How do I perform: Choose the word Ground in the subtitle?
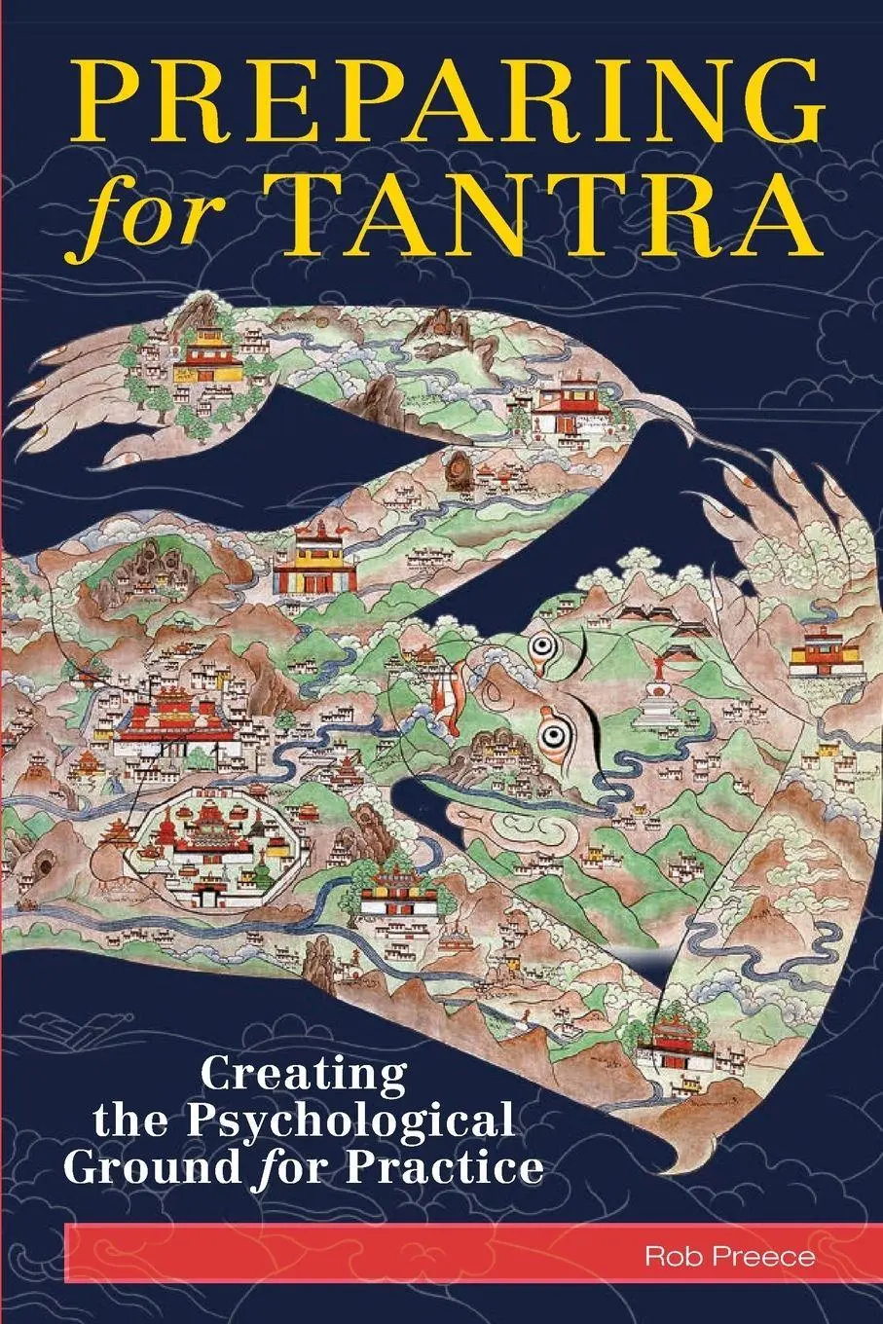(x=156, y=1165)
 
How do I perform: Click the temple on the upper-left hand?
(x=207, y=358)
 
